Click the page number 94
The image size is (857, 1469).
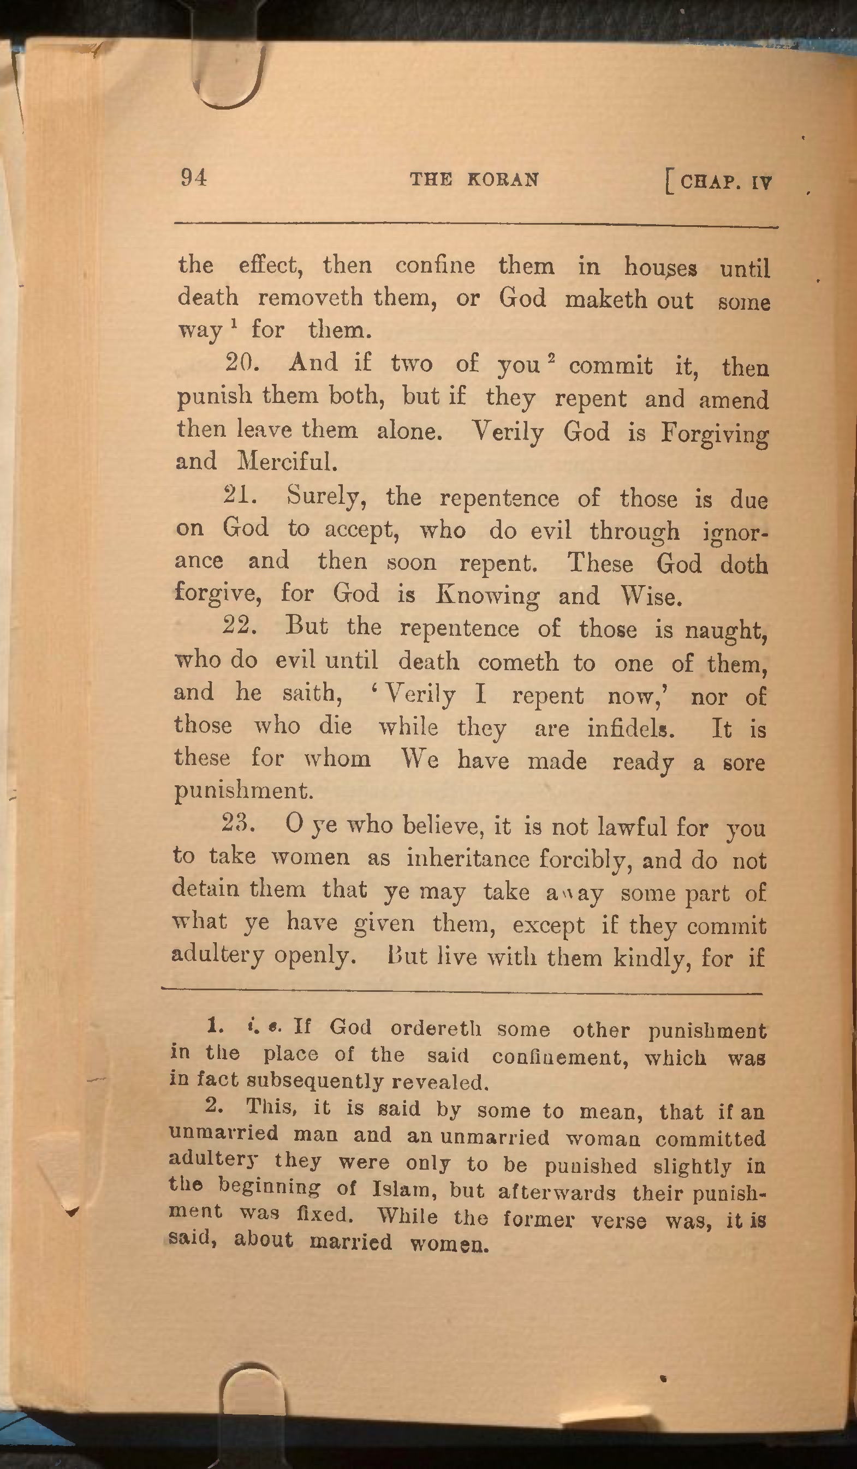pyautogui.click(x=194, y=177)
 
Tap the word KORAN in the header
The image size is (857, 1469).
pyautogui.click(x=503, y=179)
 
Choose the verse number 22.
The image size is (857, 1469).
pyautogui.click(x=239, y=626)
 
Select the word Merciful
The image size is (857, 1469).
pyautogui.click(x=287, y=462)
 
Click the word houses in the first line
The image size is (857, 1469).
pyautogui.click(x=660, y=268)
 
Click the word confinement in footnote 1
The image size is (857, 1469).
pyautogui.click(x=560, y=1056)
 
